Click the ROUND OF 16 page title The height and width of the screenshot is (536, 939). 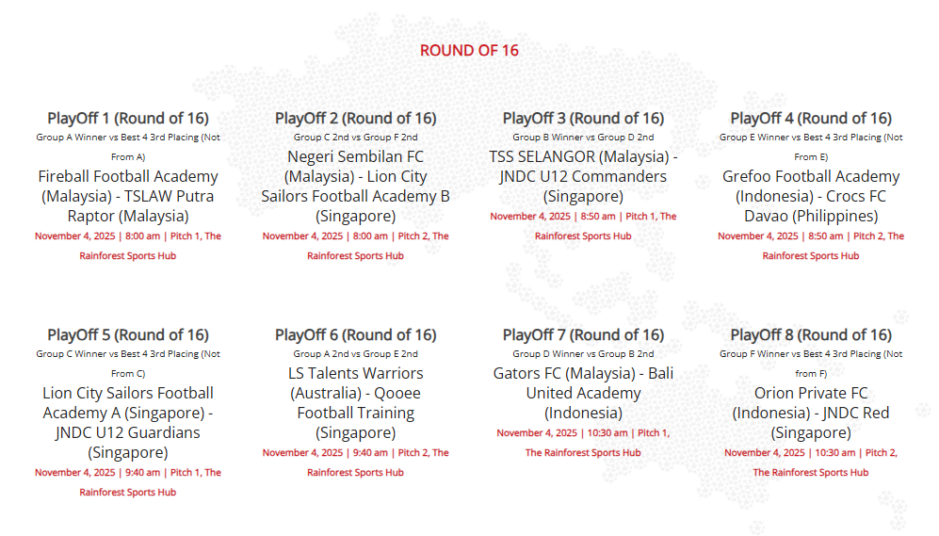(469, 50)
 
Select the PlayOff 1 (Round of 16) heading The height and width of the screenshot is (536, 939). (128, 118)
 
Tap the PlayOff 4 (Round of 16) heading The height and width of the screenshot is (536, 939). (811, 118)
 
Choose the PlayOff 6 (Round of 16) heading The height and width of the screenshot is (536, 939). (356, 334)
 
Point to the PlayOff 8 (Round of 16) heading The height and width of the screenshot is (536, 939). (811, 334)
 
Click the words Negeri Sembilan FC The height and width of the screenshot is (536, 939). (356, 157)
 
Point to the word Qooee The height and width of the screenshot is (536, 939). (397, 394)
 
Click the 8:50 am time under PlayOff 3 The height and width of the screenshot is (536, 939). (598, 217)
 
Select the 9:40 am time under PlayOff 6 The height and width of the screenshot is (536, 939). (370, 453)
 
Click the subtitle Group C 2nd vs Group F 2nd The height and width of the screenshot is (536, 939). (356, 138)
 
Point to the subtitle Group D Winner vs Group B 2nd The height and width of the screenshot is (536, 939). (583, 354)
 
